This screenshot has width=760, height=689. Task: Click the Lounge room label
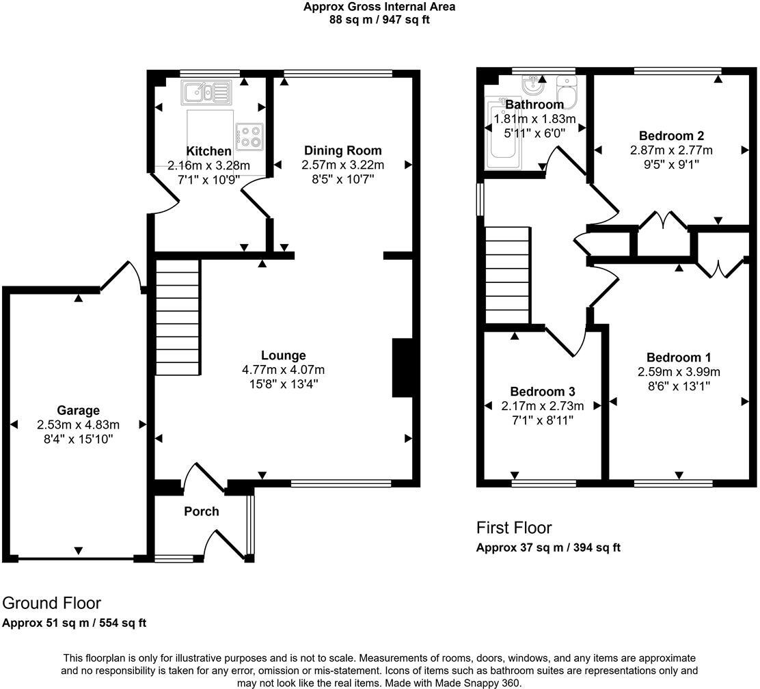(283, 355)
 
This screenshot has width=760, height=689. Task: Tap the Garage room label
(78, 411)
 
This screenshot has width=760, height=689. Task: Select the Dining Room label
(342, 150)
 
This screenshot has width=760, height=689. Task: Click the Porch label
(202, 511)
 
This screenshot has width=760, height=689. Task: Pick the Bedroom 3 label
(542, 392)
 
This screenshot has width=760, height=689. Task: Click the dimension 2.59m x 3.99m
(679, 372)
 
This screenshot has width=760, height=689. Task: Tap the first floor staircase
(508, 276)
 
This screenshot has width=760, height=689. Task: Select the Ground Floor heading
(52, 603)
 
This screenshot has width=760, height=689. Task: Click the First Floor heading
(513, 528)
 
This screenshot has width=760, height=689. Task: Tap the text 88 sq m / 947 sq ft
(379, 19)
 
